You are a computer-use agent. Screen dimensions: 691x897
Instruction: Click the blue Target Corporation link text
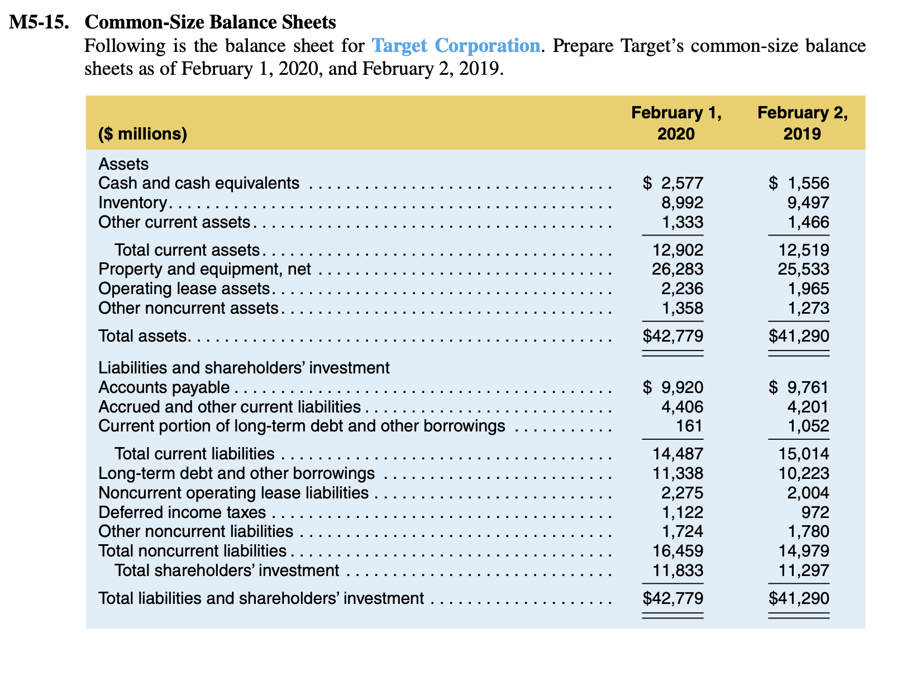click(x=456, y=46)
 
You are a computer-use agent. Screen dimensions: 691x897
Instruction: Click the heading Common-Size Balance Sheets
click(x=210, y=22)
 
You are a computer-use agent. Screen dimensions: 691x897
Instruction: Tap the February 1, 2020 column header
click(x=676, y=123)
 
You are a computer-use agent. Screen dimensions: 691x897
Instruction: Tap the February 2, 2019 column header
click(x=802, y=123)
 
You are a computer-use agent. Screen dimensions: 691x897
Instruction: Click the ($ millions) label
click(x=142, y=134)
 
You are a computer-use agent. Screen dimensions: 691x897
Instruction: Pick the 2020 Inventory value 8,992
click(x=682, y=203)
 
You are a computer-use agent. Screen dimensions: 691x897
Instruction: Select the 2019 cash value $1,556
click(x=799, y=183)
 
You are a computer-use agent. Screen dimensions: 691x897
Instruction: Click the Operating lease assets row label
click(x=184, y=289)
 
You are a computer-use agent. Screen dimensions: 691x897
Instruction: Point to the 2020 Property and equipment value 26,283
click(x=677, y=270)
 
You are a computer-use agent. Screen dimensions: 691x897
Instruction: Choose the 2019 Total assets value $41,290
click(x=799, y=336)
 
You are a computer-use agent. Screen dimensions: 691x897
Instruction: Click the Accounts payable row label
click(x=164, y=387)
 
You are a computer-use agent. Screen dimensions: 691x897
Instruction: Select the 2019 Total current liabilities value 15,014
click(x=804, y=454)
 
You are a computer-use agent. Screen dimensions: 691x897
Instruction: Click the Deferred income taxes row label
click(x=182, y=512)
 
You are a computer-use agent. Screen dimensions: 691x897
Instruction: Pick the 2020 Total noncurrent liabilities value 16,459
click(x=677, y=551)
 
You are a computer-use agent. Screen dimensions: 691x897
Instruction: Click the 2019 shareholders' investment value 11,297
click(x=804, y=571)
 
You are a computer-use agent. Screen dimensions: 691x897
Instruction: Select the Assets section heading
click(x=123, y=164)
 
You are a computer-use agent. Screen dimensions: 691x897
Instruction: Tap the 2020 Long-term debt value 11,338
click(x=677, y=474)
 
